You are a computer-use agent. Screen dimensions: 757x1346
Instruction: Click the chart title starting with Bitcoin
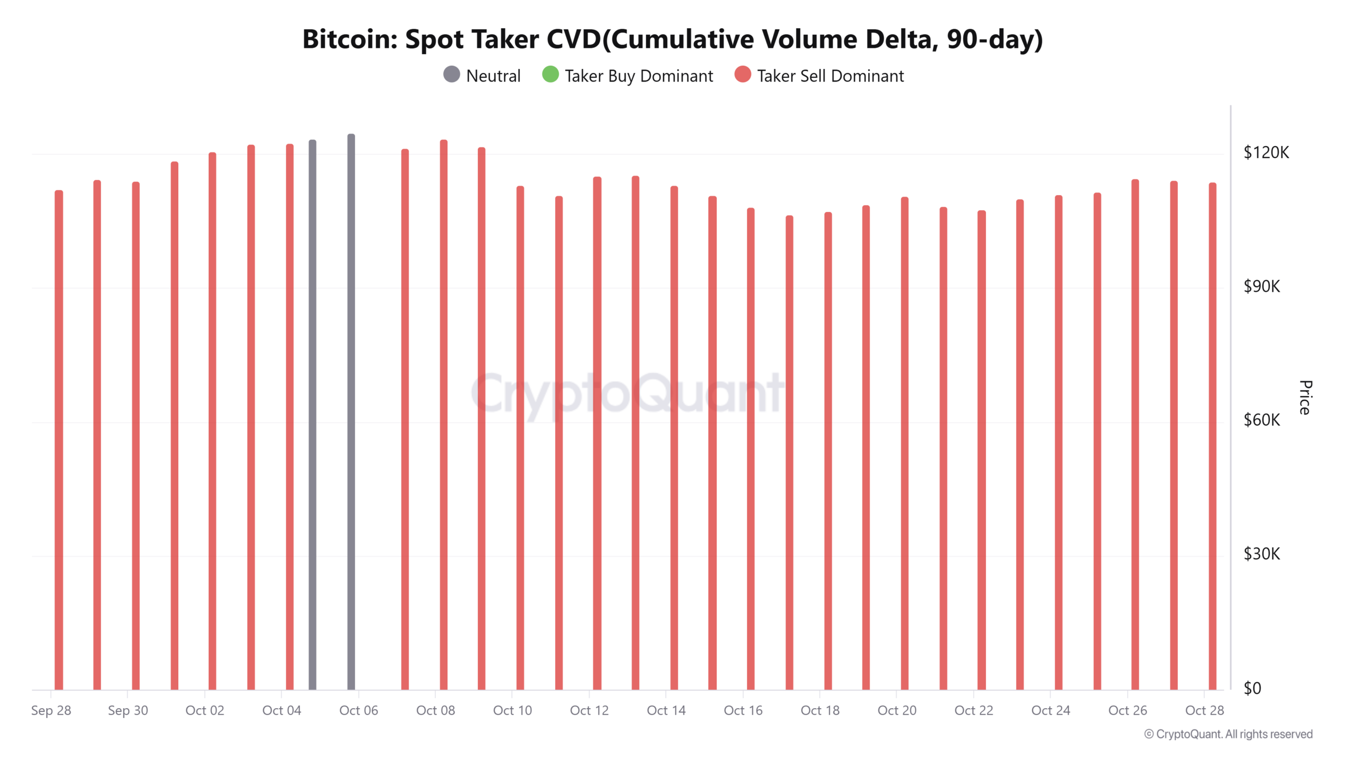click(672, 39)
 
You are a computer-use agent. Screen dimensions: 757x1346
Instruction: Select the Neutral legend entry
click(482, 76)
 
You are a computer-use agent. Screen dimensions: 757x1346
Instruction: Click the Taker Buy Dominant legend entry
click(628, 76)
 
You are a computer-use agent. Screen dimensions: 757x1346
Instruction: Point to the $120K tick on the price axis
click(1266, 152)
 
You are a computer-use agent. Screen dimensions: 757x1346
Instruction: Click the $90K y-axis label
click(1261, 287)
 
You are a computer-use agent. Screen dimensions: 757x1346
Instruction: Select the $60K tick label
click(1261, 420)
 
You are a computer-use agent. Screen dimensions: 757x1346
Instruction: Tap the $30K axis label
click(1261, 554)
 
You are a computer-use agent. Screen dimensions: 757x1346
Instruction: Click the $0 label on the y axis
click(1252, 688)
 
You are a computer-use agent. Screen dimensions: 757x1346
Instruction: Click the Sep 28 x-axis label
click(51, 710)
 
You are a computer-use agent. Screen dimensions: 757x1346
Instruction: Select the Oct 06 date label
click(359, 710)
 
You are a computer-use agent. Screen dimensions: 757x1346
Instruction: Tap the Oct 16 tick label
click(743, 710)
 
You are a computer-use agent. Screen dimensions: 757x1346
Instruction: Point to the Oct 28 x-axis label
click(1204, 710)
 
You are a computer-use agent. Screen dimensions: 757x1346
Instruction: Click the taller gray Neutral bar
click(351, 410)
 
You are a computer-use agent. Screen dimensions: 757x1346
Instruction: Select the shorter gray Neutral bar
click(312, 415)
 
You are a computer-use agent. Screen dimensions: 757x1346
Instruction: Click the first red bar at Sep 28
click(59, 442)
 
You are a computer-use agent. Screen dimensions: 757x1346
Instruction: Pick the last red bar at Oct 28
click(1212, 436)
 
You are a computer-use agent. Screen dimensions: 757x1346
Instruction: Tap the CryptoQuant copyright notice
click(1228, 734)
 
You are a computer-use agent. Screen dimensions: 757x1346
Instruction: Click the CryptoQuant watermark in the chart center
click(627, 393)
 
